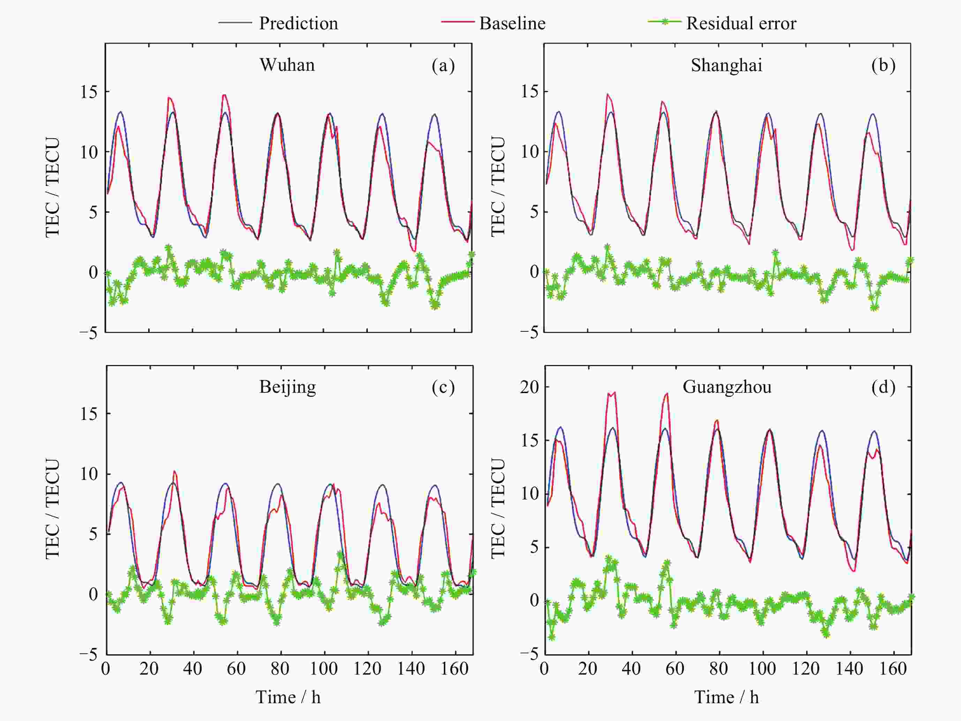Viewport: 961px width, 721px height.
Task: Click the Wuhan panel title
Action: (287, 65)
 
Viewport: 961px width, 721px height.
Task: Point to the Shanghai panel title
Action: (726, 65)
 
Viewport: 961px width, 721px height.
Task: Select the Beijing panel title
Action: (288, 386)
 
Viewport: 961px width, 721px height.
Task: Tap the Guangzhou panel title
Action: (727, 386)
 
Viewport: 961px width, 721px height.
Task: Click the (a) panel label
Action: (443, 65)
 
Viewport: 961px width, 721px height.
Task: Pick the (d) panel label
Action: (883, 386)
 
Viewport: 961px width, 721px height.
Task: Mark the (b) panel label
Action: (883, 65)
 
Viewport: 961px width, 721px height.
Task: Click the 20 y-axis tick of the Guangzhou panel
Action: (529, 386)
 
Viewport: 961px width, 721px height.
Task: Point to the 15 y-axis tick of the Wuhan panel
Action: (89, 92)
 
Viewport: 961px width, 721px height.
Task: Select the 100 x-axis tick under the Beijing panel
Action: (324, 669)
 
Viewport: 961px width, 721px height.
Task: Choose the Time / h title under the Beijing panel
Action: (288, 697)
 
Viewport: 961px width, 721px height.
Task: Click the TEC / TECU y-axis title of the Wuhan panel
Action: (53, 188)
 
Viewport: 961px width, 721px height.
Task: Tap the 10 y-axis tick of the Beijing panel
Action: (89, 474)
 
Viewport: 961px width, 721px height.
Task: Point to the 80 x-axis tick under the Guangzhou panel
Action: (719, 669)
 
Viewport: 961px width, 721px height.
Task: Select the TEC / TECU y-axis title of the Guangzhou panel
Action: (498, 509)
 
